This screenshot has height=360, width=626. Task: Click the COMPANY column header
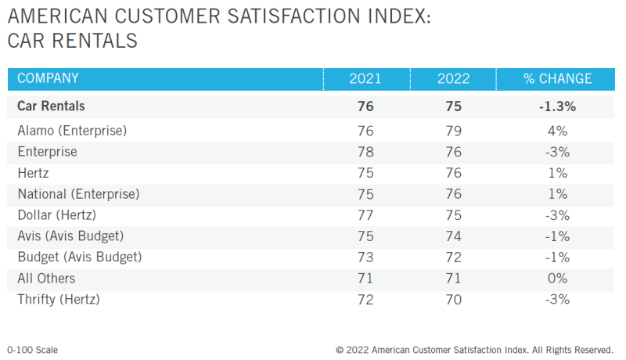(48, 78)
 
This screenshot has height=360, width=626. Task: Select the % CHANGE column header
(557, 79)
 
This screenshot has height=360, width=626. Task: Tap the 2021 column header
(365, 79)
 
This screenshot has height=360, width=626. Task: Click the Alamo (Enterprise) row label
(72, 130)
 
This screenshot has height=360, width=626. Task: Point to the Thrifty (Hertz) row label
(59, 299)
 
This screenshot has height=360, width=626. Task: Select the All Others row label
(46, 278)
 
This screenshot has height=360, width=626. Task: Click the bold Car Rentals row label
(51, 106)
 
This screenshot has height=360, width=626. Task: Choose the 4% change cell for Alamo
(557, 130)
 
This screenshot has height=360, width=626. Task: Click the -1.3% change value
(557, 106)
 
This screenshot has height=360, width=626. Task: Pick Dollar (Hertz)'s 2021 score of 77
(365, 214)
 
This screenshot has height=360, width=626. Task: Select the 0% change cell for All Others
(557, 278)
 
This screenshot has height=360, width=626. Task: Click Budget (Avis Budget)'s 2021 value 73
(365, 257)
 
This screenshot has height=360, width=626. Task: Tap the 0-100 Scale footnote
(32, 350)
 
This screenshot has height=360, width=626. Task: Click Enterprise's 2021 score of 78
(365, 151)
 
